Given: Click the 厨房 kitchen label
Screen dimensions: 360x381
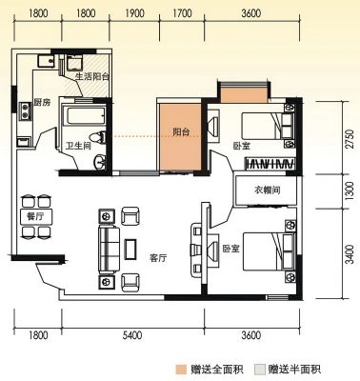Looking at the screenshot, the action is click(42, 102).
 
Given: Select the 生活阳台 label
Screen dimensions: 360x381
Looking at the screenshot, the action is click(92, 76).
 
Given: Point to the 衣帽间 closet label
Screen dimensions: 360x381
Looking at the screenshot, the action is click(268, 190).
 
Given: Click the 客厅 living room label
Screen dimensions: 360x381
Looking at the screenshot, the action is click(158, 258).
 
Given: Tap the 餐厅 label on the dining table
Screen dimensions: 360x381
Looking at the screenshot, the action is click(35, 216).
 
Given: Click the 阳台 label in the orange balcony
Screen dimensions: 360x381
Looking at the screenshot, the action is click(181, 131).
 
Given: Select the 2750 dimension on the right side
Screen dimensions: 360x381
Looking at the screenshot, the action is click(350, 139).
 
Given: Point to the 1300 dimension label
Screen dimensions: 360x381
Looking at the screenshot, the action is click(350, 190).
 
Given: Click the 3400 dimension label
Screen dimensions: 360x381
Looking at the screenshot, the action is click(350, 254).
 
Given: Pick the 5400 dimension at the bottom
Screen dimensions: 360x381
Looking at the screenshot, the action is click(132, 335).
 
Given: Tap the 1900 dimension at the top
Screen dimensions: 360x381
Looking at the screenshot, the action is click(134, 13).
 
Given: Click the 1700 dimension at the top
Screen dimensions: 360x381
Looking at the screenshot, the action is click(182, 13).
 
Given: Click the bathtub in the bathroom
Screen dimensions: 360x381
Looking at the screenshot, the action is click(84, 116).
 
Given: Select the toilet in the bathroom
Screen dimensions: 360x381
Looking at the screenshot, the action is click(98, 137).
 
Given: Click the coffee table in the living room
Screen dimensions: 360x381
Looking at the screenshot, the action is click(130, 250).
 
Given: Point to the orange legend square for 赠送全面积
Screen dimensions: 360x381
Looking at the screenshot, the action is click(181, 370).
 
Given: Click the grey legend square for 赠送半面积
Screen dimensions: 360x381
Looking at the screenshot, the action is click(260, 370).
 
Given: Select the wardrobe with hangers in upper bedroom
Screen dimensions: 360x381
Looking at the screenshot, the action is click(270, 163).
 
